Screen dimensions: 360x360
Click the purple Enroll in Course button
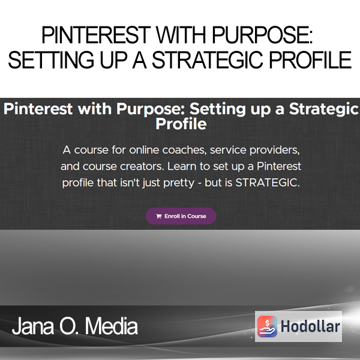coord(181,216)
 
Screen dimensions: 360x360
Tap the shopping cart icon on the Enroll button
coord(158,216)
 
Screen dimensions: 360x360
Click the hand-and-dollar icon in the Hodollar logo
coord(267,326)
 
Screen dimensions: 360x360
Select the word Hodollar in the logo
coord(310,326)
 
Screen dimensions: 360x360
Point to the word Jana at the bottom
coord(33,326)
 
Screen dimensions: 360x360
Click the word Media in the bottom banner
coord(112,326)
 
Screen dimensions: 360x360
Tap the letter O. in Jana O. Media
coord(70,326)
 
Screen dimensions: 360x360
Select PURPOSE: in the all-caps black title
coord(262,35)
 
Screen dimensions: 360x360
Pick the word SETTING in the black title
coord(51,60)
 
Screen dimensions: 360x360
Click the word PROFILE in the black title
coord(310,60)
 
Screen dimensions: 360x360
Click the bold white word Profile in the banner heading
coord(181,124)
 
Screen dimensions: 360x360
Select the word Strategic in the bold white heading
coord(324,109)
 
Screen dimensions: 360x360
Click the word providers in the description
coord(275,151)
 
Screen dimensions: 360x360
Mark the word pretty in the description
coord(179,184)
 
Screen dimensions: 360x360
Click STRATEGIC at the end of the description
coord(268,183)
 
